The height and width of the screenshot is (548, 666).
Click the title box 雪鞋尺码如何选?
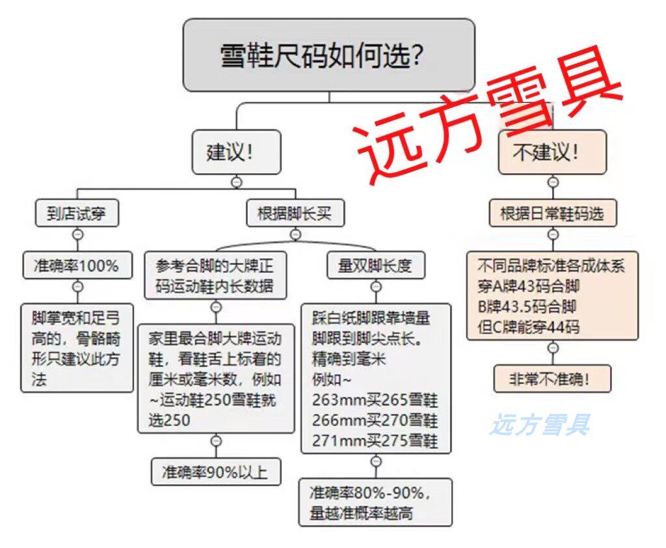click(328, 55)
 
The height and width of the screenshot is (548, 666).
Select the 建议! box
click(236, 152)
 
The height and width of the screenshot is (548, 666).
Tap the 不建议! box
click(552, 152)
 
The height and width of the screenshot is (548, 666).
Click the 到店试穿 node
click(77, 213)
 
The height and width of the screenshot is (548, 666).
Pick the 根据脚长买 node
click(295, 213)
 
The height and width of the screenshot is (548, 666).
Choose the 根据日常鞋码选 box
click(552, 213)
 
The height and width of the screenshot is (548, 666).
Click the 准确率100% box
click(77, 266)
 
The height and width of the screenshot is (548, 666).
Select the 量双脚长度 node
click(375, 266)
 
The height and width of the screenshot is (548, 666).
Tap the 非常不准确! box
click(552, 378)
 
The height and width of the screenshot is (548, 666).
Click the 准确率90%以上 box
click(216, 471)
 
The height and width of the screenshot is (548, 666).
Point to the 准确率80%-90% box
click(375, 502)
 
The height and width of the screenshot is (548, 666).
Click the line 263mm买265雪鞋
click(375, 399)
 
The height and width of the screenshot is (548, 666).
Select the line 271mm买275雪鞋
click(375, 441)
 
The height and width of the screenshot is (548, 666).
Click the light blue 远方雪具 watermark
click(540, 425)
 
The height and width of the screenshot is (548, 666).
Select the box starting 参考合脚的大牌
click(215, 275)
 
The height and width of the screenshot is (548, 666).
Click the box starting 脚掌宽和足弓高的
click(77, 347)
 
